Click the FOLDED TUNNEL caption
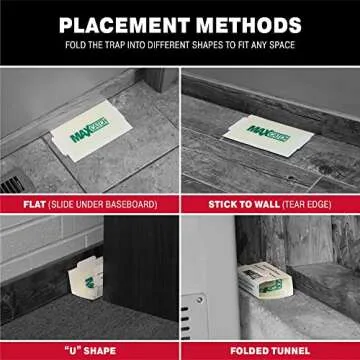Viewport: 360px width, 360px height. coord(270,350)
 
